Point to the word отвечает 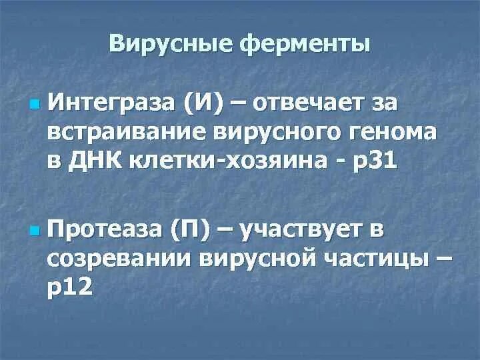[317, 104]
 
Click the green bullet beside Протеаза [35, 232]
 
